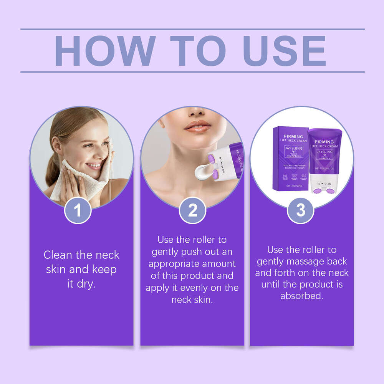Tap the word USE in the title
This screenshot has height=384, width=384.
coord(285,51)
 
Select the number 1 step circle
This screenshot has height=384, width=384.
coord(78,210)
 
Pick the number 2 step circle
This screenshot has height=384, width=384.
coord(193,210)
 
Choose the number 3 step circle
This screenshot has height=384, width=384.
coord(301,210)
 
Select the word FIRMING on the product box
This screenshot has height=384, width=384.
coord(293,136)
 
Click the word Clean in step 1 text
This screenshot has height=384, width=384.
coord(58,255)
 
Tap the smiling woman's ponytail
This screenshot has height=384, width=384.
coord(54,169)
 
